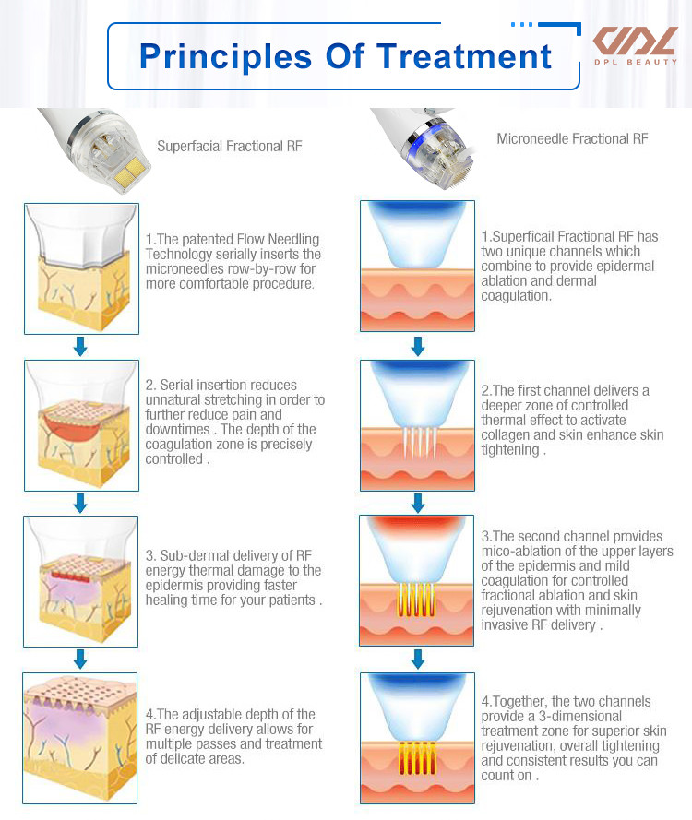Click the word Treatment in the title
click(x=464, y=56)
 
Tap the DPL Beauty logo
click(x=636, y=45)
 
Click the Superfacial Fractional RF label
click(x=230, y=146)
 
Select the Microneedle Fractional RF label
click(x=572, y=138)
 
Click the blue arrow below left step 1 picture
click(x=80, y=346)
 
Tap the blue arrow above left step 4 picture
click(x=80, y=659)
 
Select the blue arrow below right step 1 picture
click(x=417, y=346)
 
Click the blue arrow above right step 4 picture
click(x=417, y=659)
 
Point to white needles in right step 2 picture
click(x=418, y=442)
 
